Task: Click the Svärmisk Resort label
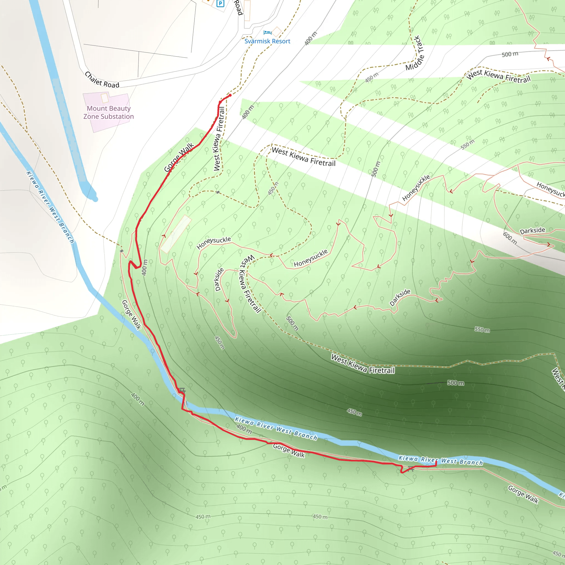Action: (267, 41)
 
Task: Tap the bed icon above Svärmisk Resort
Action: (267, 33)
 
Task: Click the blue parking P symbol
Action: (220, 4)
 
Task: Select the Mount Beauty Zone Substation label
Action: (108, 113)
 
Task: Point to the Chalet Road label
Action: (102, 80)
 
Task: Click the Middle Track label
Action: (415, 53)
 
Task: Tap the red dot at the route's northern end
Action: (230, 95)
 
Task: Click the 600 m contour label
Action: (510, 238)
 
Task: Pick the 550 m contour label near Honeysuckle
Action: (467, 145)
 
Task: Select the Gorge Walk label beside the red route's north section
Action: (179, 157)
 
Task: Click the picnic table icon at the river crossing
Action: (182, 390)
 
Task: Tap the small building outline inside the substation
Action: (105, 98)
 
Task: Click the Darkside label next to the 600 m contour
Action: (532, 230)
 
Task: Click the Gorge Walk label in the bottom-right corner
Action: (523, 494)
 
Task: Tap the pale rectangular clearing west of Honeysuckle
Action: (176, 234)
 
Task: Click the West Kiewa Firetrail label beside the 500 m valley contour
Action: (363, 364)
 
